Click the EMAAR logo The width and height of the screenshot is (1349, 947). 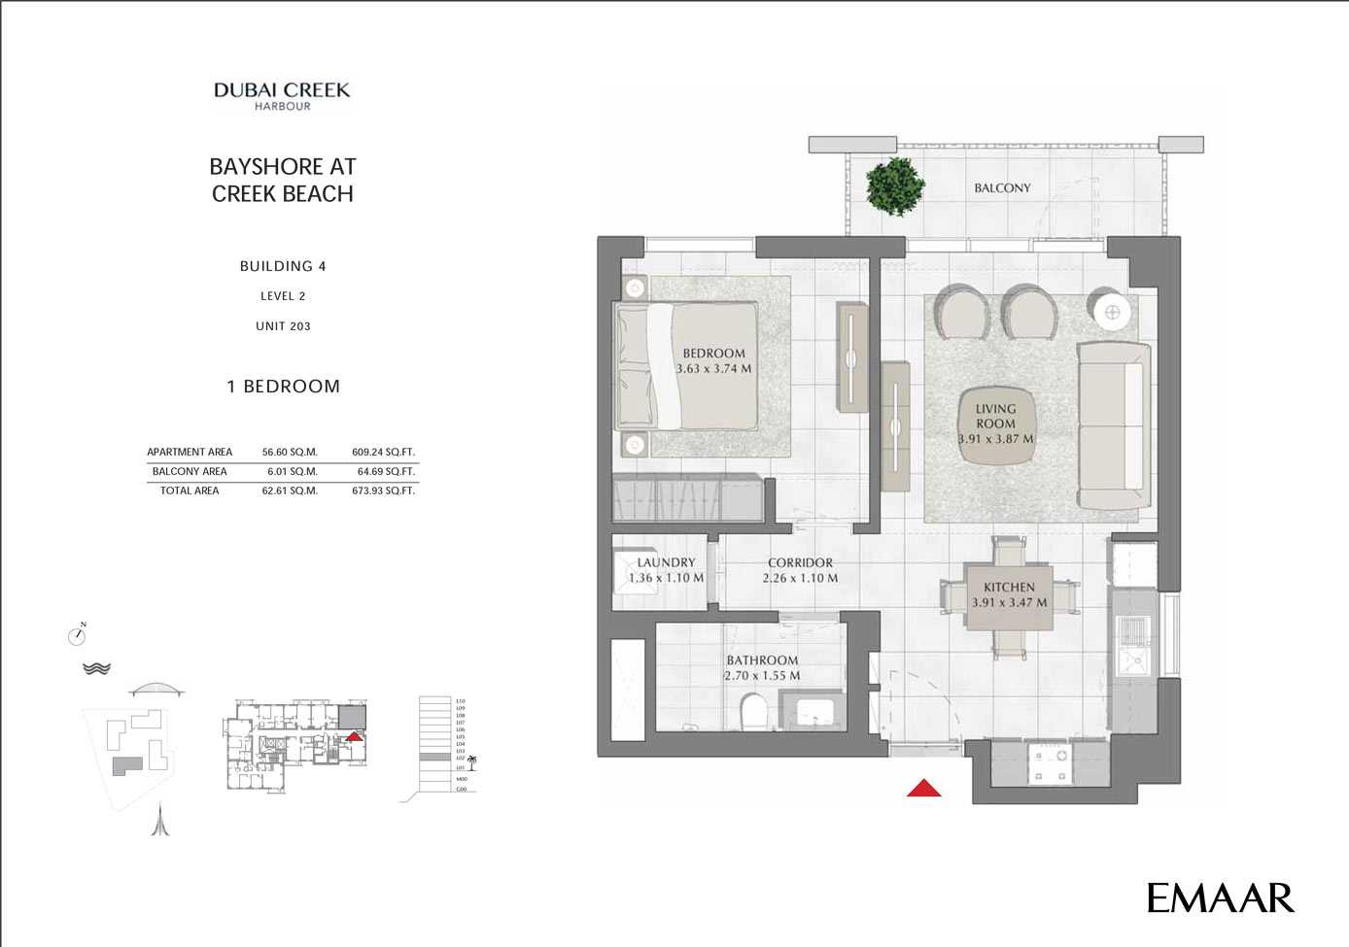coord(1220,897)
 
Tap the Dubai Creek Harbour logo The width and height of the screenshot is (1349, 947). coord(282,95)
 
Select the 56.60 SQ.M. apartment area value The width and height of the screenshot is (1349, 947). coord(290,452)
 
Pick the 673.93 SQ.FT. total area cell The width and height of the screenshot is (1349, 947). coord(383,490)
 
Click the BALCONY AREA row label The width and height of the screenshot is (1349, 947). coord(190,471)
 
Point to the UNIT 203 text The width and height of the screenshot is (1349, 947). coord(283,326)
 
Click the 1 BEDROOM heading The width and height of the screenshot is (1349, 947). coord(283,387)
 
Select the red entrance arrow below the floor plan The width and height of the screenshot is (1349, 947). coord(923,788)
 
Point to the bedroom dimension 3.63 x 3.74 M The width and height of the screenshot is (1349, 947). coord(713,369)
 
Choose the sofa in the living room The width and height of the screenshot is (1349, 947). coord(1114,424)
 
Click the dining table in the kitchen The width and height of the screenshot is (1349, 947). coord(1009,593)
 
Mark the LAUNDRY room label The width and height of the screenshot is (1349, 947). coord(666,562)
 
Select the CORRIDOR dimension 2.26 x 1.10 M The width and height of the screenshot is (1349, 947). coord(800,578)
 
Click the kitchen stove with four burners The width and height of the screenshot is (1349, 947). coord(1051,763)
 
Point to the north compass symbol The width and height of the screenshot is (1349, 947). coord(78,635)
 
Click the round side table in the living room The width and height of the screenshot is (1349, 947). coord(1113,312)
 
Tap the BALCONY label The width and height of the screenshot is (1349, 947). coord(1002,188)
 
